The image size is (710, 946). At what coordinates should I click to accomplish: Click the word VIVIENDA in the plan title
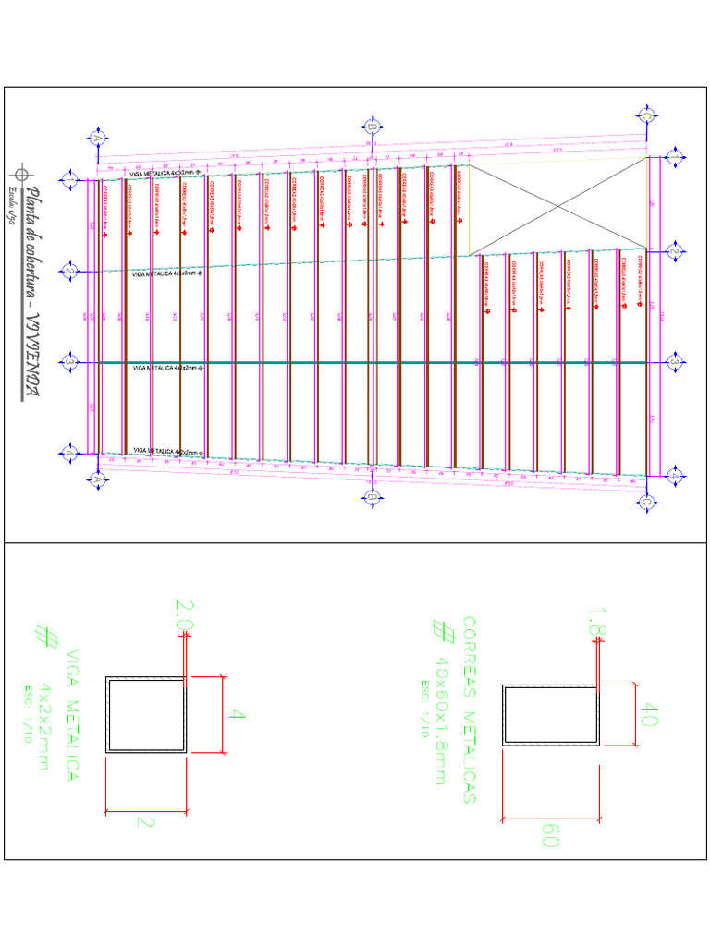pyautogui.click(x=34, y=355)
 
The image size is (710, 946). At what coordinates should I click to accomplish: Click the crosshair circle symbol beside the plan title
pyautogui.click(x=20, y=172)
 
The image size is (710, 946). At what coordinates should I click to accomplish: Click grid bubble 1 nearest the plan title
pyautogui.click(x=68, y=178)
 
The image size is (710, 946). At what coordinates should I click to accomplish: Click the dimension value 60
pyautogui.click(x=552, y=836)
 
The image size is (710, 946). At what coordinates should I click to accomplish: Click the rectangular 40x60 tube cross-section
pyautogui.click(x=551, y=714)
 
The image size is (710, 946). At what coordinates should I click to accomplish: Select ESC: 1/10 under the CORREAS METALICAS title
pyautogui.click(x=426, y=709)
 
